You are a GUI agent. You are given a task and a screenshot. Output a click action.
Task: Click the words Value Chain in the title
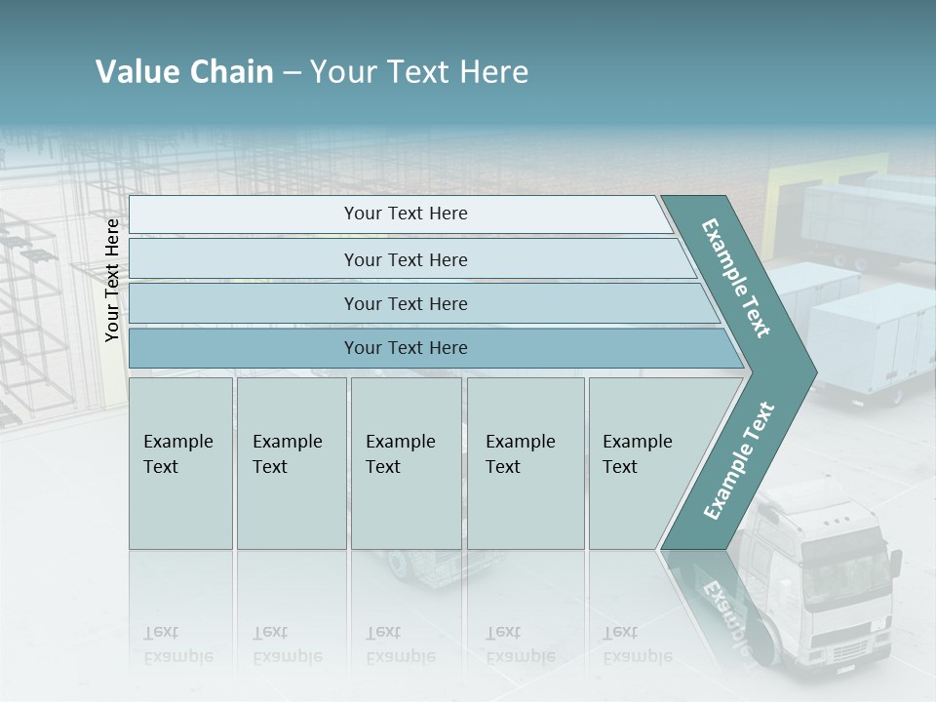pyautogui.click(x=184, y=72)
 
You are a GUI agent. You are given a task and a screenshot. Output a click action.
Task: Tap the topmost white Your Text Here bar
pyautogui.click(x=405, y=214)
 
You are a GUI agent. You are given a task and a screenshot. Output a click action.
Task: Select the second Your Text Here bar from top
pyautogui.click(x=405, y=259)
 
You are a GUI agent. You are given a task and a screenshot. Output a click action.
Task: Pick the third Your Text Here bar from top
pyautogui.click(x=405, y=303)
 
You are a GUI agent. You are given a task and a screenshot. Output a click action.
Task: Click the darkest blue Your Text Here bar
pyautogui.click(x=405, y=348)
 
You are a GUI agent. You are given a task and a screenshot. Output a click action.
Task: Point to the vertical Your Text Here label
pyautogui.click(x=112, y=281)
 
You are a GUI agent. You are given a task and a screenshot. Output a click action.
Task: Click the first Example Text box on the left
pyautogui.click(x=180, y=463)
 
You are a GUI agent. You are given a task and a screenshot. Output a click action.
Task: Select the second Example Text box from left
pyautogui.click(x=291, y=463)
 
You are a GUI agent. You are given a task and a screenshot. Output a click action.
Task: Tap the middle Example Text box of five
pyautogui.click(x=406, y=463)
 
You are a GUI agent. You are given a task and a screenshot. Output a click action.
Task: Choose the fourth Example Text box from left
pyautogui.click(x=525, y=463)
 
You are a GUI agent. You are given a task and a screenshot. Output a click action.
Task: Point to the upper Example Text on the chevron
pyautogui.click(x=737, y=278)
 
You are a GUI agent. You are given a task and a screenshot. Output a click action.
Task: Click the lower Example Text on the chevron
pyautogui.click(x=738, y=461)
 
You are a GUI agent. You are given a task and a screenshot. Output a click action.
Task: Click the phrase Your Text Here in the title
pyautogui.click(x=419, y=72)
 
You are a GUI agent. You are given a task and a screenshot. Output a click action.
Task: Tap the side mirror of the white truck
pyautogui.click(x=894, y=566)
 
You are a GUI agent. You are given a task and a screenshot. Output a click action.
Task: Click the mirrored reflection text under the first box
pyautogui.click(x=178, y=645)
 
